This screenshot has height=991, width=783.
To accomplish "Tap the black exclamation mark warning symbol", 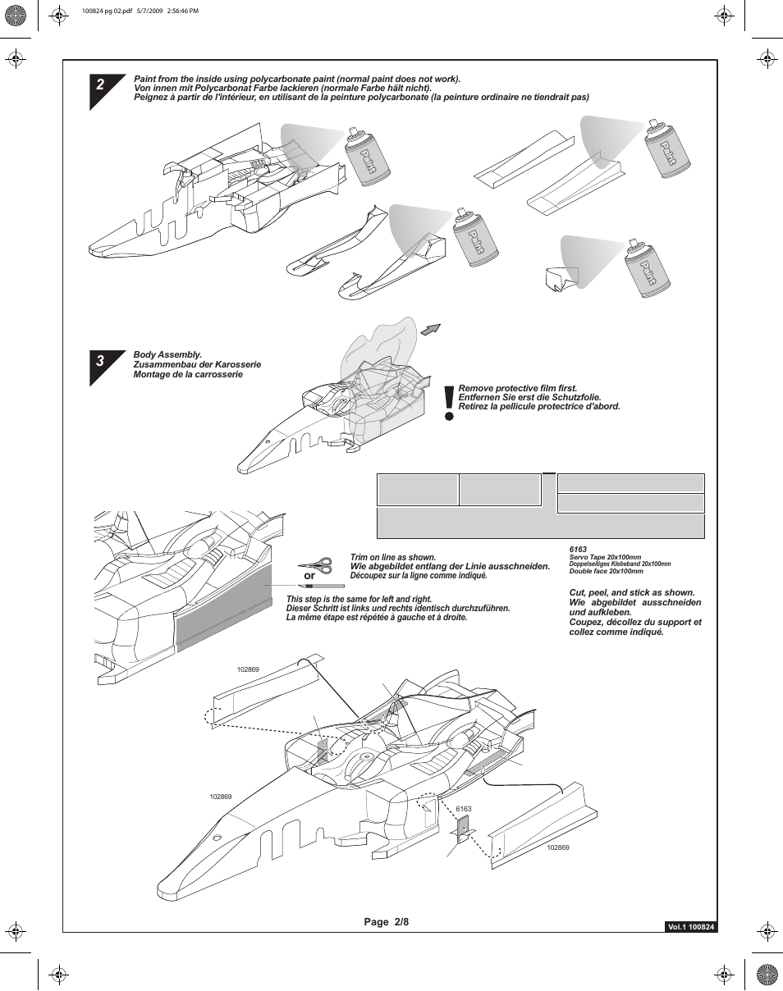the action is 448,403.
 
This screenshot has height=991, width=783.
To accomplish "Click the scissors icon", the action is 315,565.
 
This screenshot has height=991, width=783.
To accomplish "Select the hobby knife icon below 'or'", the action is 321,587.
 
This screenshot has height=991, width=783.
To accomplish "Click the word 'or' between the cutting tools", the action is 309,576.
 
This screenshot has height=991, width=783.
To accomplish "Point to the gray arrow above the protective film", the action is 430,329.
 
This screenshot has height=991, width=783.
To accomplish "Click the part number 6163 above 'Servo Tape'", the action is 578,549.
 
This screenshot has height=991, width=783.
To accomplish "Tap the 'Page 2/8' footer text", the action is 387,921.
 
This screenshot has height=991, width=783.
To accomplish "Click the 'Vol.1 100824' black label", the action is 690,927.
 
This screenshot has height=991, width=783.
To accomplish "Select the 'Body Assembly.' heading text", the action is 167,354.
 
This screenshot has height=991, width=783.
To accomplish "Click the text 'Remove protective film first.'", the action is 518,388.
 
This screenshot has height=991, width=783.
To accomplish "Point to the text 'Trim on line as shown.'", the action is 393,557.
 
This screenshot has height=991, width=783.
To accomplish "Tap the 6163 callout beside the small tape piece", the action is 464,809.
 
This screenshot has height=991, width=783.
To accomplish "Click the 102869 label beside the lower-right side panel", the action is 558,847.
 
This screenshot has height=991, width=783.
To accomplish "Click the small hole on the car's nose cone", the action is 218,838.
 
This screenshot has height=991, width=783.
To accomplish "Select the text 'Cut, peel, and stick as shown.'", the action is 632,592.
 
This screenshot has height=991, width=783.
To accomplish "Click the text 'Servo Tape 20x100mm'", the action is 605,557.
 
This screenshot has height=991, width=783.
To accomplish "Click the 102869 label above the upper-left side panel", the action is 248,669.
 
